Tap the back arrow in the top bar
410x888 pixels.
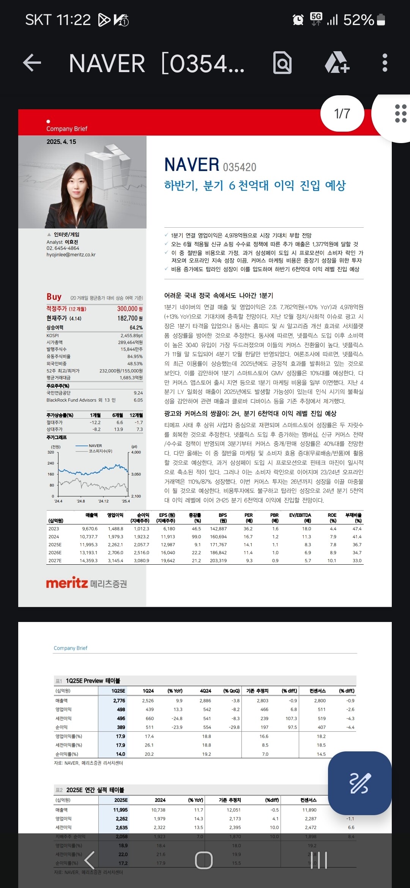(x=32, y=63)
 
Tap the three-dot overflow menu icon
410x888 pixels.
(x=385, y=63)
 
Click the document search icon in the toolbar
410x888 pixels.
(x=282, y=63)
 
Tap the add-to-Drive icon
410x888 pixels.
(x=337, y=63)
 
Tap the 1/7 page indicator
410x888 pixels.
(x=342, y=113)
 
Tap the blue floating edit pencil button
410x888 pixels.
(x=360, y=783)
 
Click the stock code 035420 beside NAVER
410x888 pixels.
(x=240, y=167)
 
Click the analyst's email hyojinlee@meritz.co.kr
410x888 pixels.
(x=71, y=255)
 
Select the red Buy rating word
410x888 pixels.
(x=54, y=297)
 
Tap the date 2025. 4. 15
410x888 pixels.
(x=61, y=142)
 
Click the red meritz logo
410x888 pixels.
(x=67, y=583)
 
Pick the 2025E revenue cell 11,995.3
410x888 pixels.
(x=88, y=545)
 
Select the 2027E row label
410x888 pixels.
(x=55, y=561)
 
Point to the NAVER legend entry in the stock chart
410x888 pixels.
(x=95, y=446)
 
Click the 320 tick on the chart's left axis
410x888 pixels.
(x=51, y=452)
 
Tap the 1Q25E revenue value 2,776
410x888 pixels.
(x=119, y=701)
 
